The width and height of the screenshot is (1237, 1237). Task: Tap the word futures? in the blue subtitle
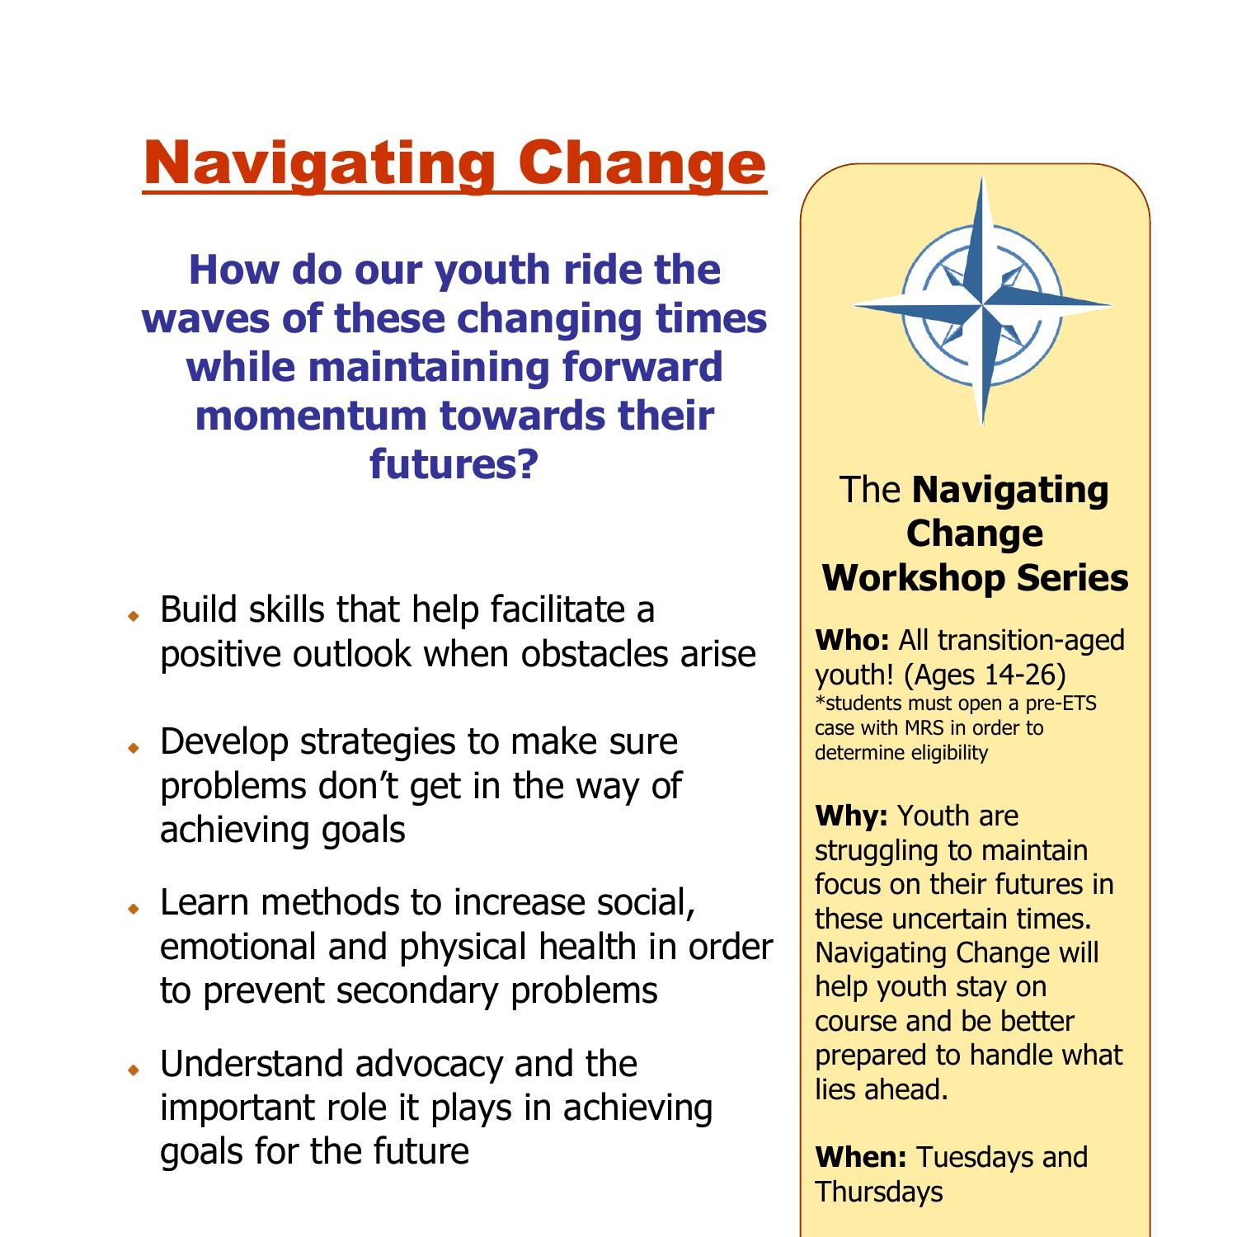(454, 463)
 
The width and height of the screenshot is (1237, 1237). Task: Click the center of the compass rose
(982, 305)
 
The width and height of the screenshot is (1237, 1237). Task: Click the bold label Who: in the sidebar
(852, 641)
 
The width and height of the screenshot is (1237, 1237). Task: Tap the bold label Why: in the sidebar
(851, 816)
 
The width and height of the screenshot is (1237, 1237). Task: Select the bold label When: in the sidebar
(861, 1158)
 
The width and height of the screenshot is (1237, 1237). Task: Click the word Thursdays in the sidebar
(879, 1192)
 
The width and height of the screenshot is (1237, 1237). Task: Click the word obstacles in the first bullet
(598, 655)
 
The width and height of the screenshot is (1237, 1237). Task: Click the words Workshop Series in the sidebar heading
(975, 578)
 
